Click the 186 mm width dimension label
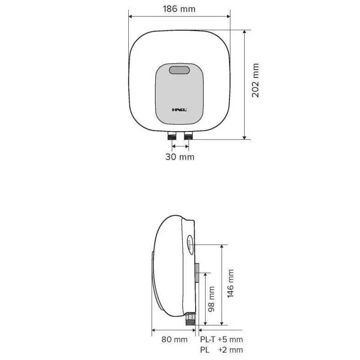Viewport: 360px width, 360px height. [x=179, y=9]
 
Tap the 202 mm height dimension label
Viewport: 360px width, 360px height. [x=255, y=80]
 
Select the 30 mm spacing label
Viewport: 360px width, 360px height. [x=180, y=157]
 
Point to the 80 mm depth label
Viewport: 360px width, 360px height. [x=174, y=339]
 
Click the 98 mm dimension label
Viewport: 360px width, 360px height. [x=211, y=299]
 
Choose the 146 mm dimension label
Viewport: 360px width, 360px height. [x=230, y=284]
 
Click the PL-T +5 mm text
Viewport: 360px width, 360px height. [x=221, y=339]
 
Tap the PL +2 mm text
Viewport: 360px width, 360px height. [x=221, y=350]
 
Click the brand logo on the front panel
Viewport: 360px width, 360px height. [x=179, y=110]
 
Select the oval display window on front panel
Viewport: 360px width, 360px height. [x=179, y=70]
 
